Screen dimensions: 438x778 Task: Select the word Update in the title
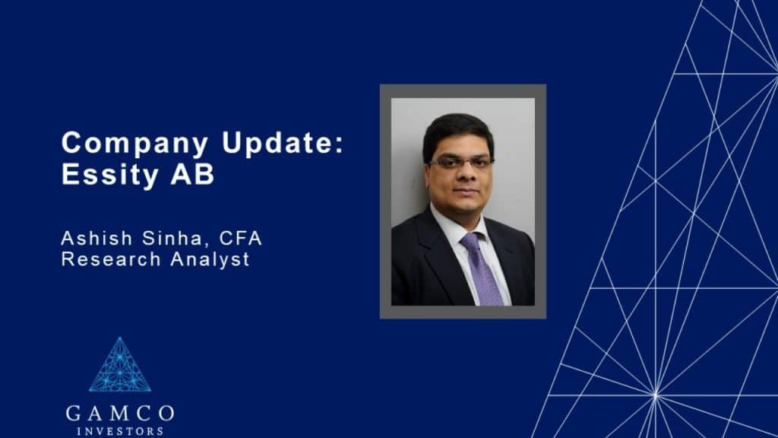pos(231,143)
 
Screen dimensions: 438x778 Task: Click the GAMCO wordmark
pos(120,414)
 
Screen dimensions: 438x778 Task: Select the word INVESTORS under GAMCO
pos(120,431)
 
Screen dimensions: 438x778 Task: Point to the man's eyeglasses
pos(461,163)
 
